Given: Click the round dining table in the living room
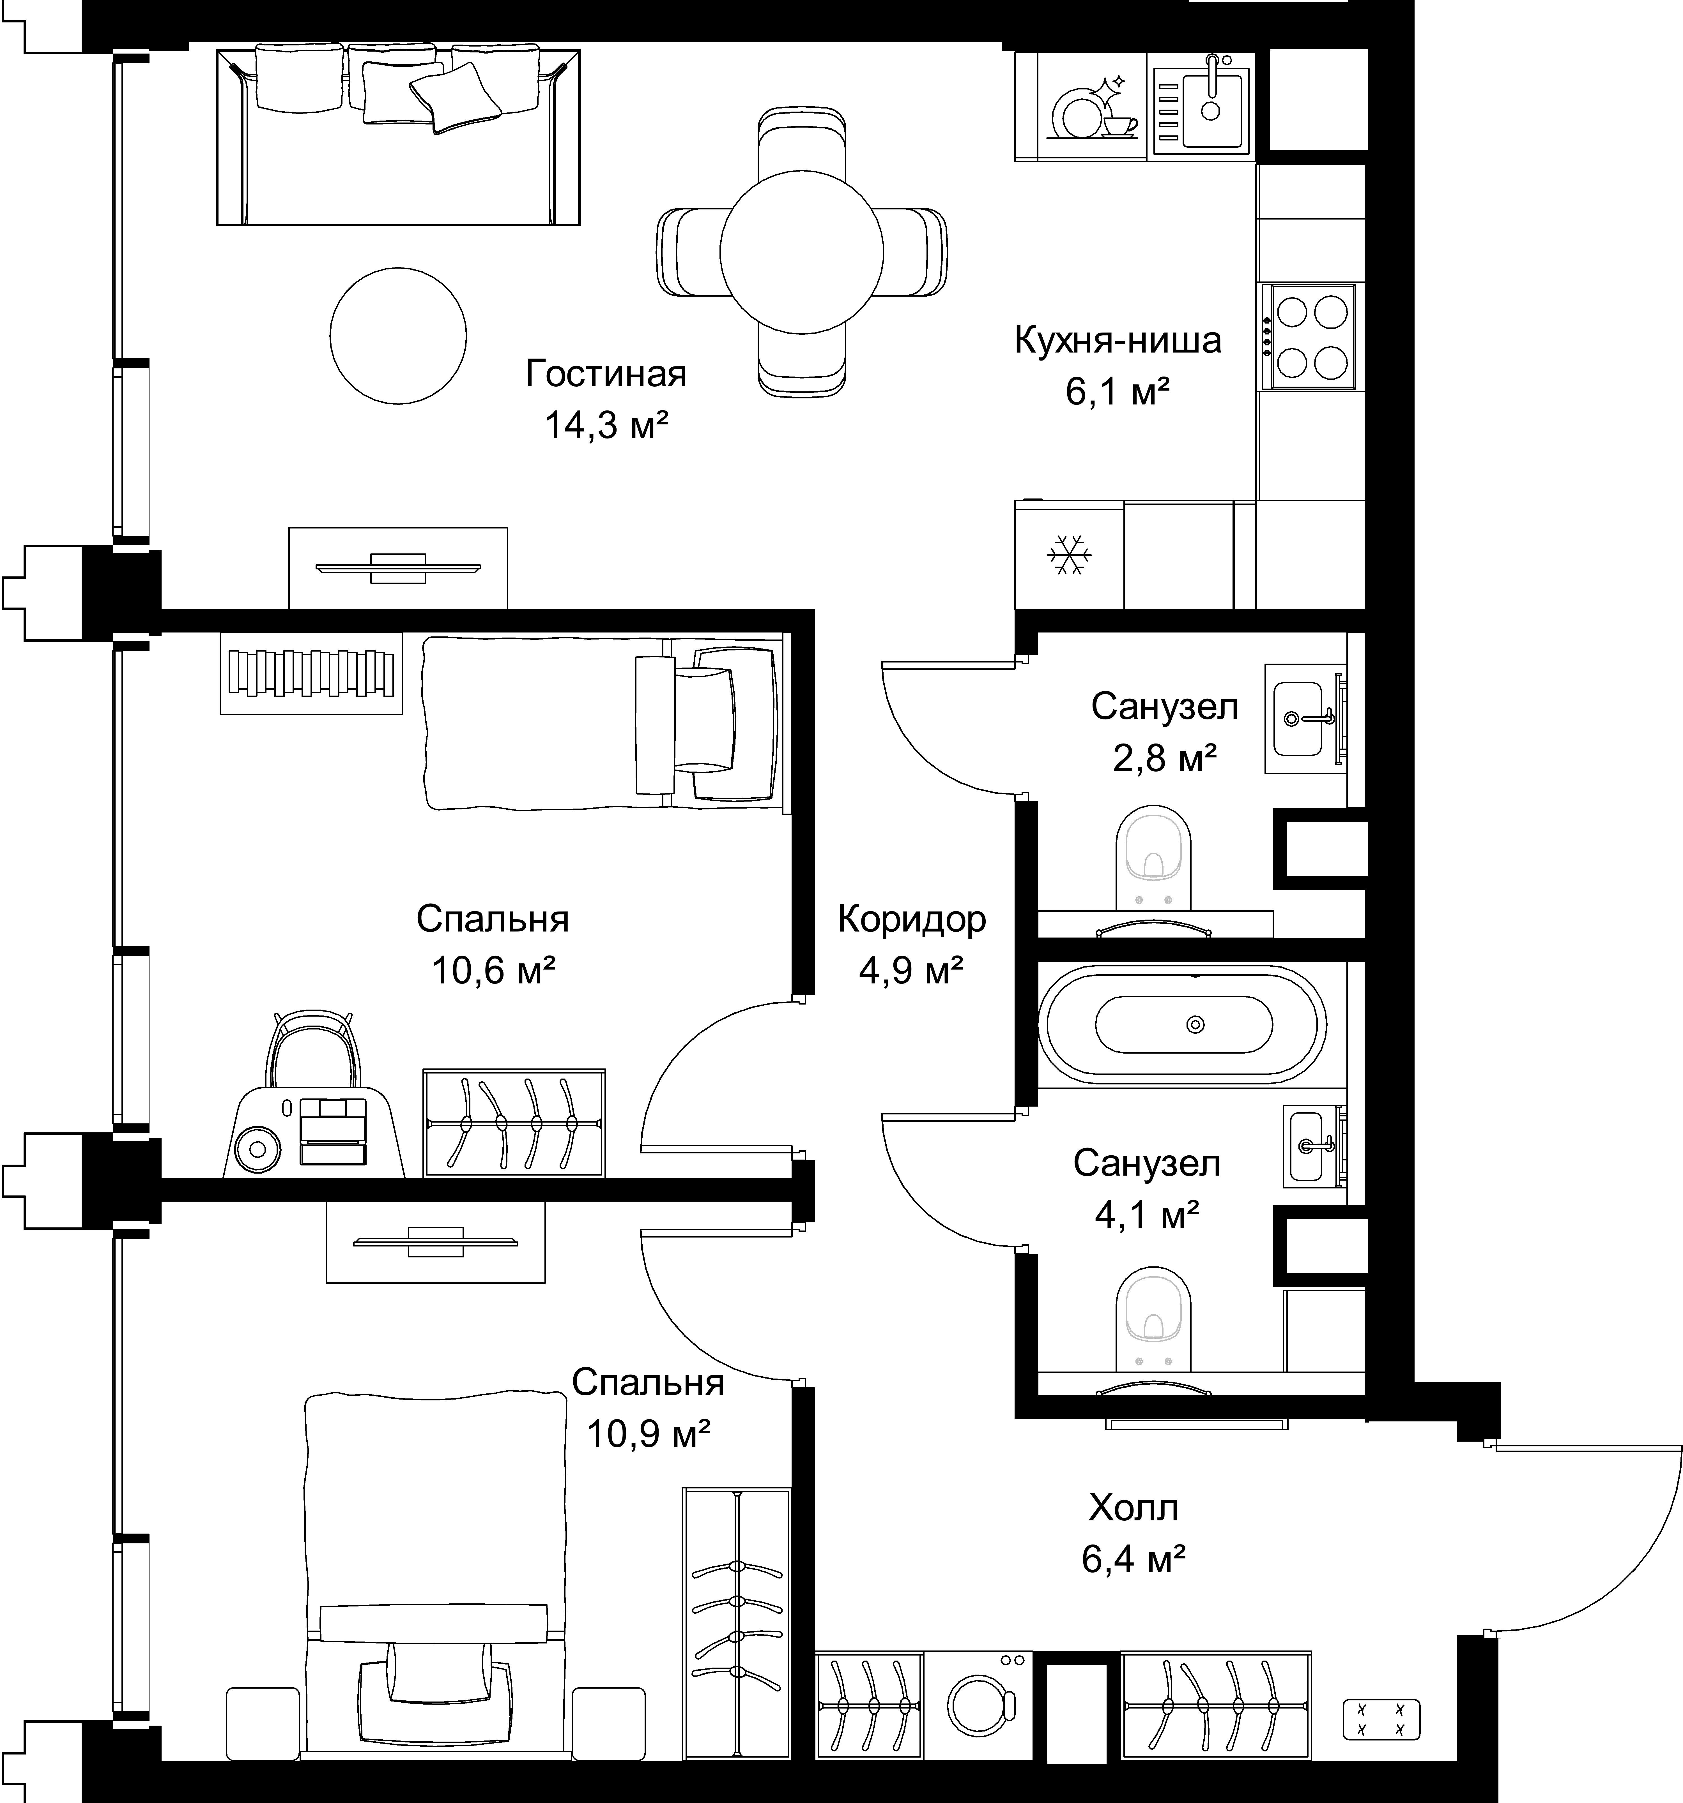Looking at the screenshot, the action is pos(801,251).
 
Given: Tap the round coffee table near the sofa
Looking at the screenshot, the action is pos(398,335).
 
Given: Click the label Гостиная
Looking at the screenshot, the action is pos(606,374).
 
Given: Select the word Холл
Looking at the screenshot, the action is pos(1133,1508).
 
